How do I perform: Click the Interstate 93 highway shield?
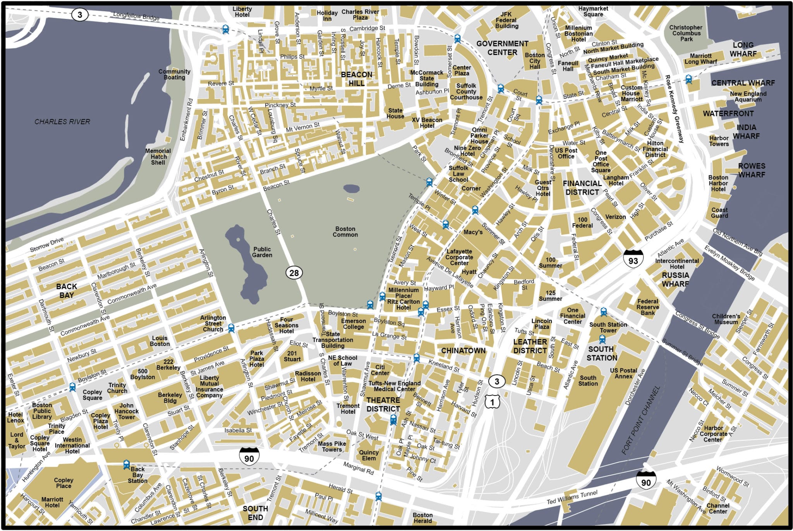(x=633, y=258)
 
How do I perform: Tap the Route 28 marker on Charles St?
(x=294, y=273)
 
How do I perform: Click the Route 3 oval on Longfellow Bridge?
(x=80, y=15)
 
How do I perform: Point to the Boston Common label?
(x=345, y=232)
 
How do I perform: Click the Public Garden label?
(x=262, y=252)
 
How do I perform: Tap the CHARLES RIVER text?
(x=62, y=122)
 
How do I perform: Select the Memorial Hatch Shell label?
(x=158, y=157)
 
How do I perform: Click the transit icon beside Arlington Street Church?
(x=231, y=328)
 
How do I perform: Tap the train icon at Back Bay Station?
(x=126, y=464)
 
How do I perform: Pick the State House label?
(x=395, y=113)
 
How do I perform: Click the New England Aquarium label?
(x=748, y=96)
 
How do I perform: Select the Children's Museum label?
(x=726, y=319)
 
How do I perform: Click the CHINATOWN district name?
(x=463, y=351)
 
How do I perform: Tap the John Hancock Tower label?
(x=126, y=411)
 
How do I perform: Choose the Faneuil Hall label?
(x=568, y=66)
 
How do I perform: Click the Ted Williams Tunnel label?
(x=572, y=497)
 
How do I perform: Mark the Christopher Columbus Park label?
(x=686, y=33)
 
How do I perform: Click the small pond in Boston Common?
(x=351, y=188)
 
